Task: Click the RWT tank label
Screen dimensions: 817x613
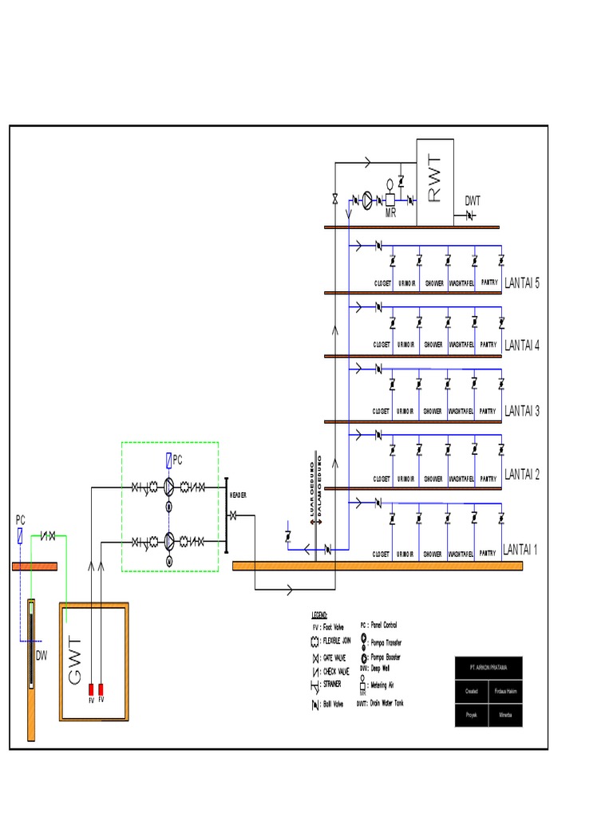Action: [434, 178]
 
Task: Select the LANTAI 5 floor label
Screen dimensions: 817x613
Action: [522, 283]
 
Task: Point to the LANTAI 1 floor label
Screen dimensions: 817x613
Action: [520, 550]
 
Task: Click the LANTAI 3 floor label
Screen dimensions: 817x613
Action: [522, 411]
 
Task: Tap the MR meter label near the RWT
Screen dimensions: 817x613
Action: [391, 211]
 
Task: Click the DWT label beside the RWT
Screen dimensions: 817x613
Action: [473, 201]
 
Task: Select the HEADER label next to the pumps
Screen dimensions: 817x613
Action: [239, 495]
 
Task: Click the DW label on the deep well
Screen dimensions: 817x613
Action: [42, 656]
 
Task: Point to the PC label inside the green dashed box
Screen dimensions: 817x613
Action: [178, 460]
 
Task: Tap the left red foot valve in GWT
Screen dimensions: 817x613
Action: [91, 689]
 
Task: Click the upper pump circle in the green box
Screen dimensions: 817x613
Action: [169, 487]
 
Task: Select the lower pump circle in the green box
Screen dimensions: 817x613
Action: [169, 541]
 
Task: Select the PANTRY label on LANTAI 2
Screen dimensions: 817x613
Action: [488, 479]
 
